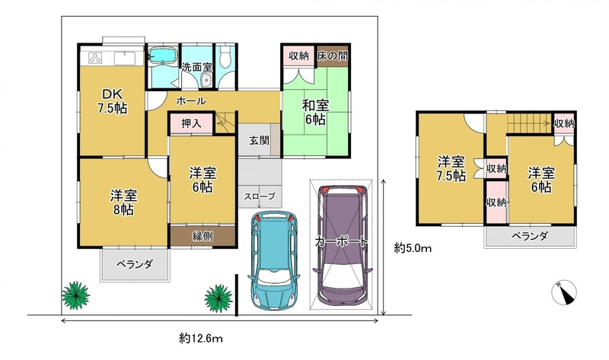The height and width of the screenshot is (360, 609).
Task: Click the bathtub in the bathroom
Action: point(163,56)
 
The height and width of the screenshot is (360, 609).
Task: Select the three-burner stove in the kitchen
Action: point(95,58)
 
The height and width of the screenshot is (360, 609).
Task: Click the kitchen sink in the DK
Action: point(124,59)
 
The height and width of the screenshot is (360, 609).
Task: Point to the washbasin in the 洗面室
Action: point(206,80)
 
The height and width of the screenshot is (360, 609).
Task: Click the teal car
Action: point(274,260)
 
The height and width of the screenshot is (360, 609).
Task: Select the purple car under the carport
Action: point(342,245)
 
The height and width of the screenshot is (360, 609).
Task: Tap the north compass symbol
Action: point(564,292)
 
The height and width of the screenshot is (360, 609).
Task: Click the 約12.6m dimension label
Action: point(201,338)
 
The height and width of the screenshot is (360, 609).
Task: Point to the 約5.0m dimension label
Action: point(413,248)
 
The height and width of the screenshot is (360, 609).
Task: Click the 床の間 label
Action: point(332,56)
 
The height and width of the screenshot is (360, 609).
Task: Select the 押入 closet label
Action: point(191,123)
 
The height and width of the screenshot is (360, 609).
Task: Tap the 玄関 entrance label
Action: point(259,140)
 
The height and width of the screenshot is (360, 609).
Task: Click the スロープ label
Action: point(260,196)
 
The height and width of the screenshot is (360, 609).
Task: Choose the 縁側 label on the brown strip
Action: point(202,236)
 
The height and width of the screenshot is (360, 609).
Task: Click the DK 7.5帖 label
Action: point(112,101)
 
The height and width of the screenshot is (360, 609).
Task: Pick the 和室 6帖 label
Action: point(315,113)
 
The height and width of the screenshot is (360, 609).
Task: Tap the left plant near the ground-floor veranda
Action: point(75,295)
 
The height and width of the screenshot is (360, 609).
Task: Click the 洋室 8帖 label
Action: point(123,202)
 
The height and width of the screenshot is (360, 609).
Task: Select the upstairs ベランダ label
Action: point(530,236)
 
